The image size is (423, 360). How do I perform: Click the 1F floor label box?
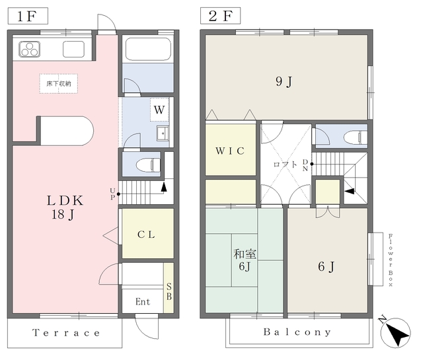[x=28, y=16]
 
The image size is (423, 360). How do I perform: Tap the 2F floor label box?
[x=220, y=16]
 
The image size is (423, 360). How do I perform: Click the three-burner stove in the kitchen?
[x=30, y=49]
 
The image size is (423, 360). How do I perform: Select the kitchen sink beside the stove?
[x=73, y=49]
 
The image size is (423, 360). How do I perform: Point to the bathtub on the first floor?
[x=148, y=49]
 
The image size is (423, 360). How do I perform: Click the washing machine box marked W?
[x=159, y=110]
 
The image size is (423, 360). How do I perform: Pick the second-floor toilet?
[x=356, y=137]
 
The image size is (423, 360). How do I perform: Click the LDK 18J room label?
[x=65, y=207]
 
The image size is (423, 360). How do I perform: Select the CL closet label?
[x=146, y=234]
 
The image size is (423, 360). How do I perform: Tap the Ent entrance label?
[x=143, y=301]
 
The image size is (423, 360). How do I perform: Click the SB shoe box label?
[x=169, y=291]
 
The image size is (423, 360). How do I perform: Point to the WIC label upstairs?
[x=230, y=151]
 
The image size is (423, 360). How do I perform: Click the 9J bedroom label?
[x=284, y=81]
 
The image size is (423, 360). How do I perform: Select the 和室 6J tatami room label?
[x=245, y=260]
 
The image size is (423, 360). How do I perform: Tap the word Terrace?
[x=66, y=333]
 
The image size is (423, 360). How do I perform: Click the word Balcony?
[x=297, y=332]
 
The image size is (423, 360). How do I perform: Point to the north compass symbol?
[x=395, y=332]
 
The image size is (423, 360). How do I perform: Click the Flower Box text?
[x=391, y=260]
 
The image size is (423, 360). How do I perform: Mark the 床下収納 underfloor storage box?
[x=59, y=84]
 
